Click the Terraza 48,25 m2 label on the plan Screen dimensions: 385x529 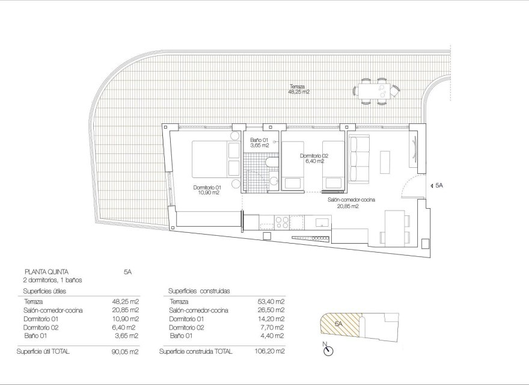point(298,90)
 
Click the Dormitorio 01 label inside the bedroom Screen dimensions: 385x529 point(206,190)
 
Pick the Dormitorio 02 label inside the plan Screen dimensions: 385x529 point(314,158)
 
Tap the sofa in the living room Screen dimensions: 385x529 point(359,158)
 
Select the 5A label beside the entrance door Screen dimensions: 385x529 point(438,186)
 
